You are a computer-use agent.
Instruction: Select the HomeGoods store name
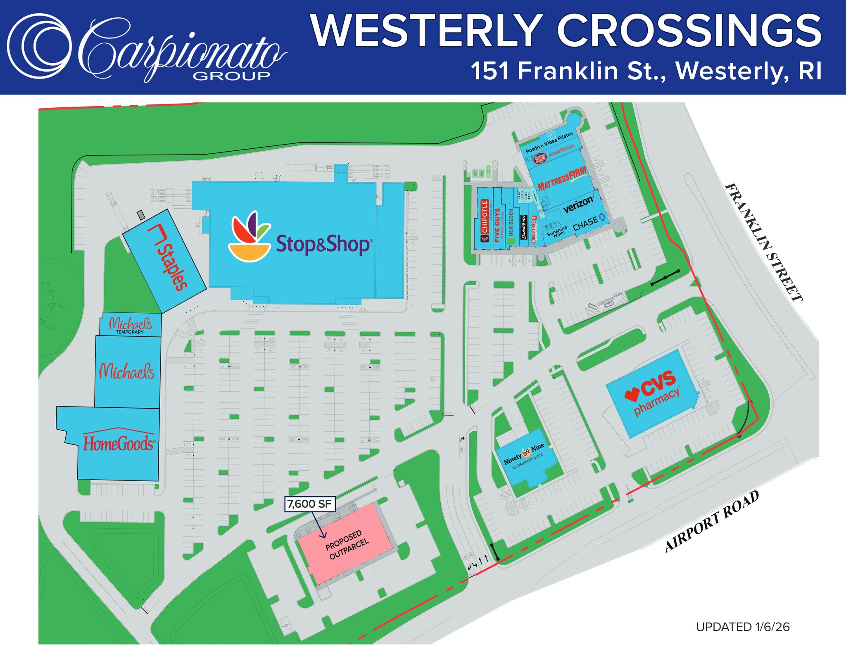click(119, 443)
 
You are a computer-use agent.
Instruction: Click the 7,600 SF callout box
click(310, 504)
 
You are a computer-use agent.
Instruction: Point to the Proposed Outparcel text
click(347, 545)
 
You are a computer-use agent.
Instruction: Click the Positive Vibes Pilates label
click(549, 143)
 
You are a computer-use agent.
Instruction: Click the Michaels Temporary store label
click(130, 326)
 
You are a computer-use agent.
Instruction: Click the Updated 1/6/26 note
click(743, 627)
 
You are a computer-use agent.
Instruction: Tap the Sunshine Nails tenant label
click(557, 231)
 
